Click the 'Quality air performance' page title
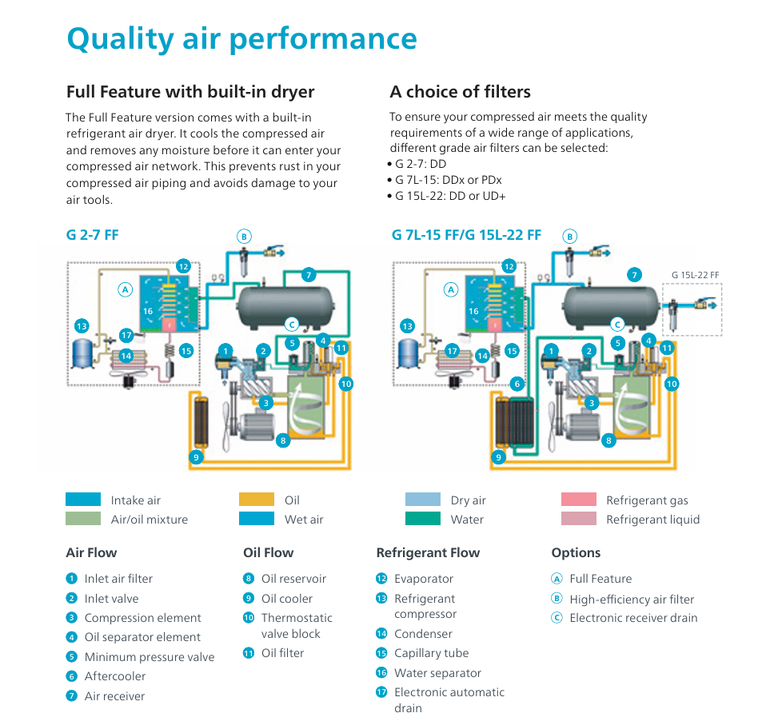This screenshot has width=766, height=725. click(x=241, y=38)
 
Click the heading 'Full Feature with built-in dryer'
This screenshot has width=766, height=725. click(x=190, y=92)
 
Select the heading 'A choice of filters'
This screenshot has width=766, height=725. click(x=460, y=92)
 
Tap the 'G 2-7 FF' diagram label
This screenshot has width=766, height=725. click(x=92, y=235)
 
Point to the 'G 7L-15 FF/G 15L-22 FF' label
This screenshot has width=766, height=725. click(x=466, y=235)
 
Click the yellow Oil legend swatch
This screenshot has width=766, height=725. click(x=257, y=500)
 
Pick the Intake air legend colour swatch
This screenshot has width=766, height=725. click(x=83, y=500)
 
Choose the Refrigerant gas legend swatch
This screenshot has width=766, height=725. click(x=578, y=500)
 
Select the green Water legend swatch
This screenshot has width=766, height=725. click(x=422, y=519)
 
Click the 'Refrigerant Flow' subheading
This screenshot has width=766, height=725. click(x=428, y=552)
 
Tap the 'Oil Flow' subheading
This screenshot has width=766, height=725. click(x=268, y=552)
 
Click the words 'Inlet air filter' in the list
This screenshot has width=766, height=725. click(x=118, y=579)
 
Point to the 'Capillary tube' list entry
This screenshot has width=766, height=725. click(x=431, y=653)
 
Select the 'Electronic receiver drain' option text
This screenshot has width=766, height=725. click(x=633, y=618)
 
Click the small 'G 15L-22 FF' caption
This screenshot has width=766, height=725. click(x=695, y=275)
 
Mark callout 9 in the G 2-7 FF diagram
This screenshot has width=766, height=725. click(x=195, y=457)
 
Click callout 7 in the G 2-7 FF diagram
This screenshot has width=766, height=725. click(x=309, y=275)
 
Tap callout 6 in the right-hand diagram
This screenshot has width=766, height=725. click(x=517, y=384)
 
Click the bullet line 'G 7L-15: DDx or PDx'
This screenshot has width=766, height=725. click(x=448, y=180)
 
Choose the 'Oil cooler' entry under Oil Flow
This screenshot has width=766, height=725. click(x=287, y=599)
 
